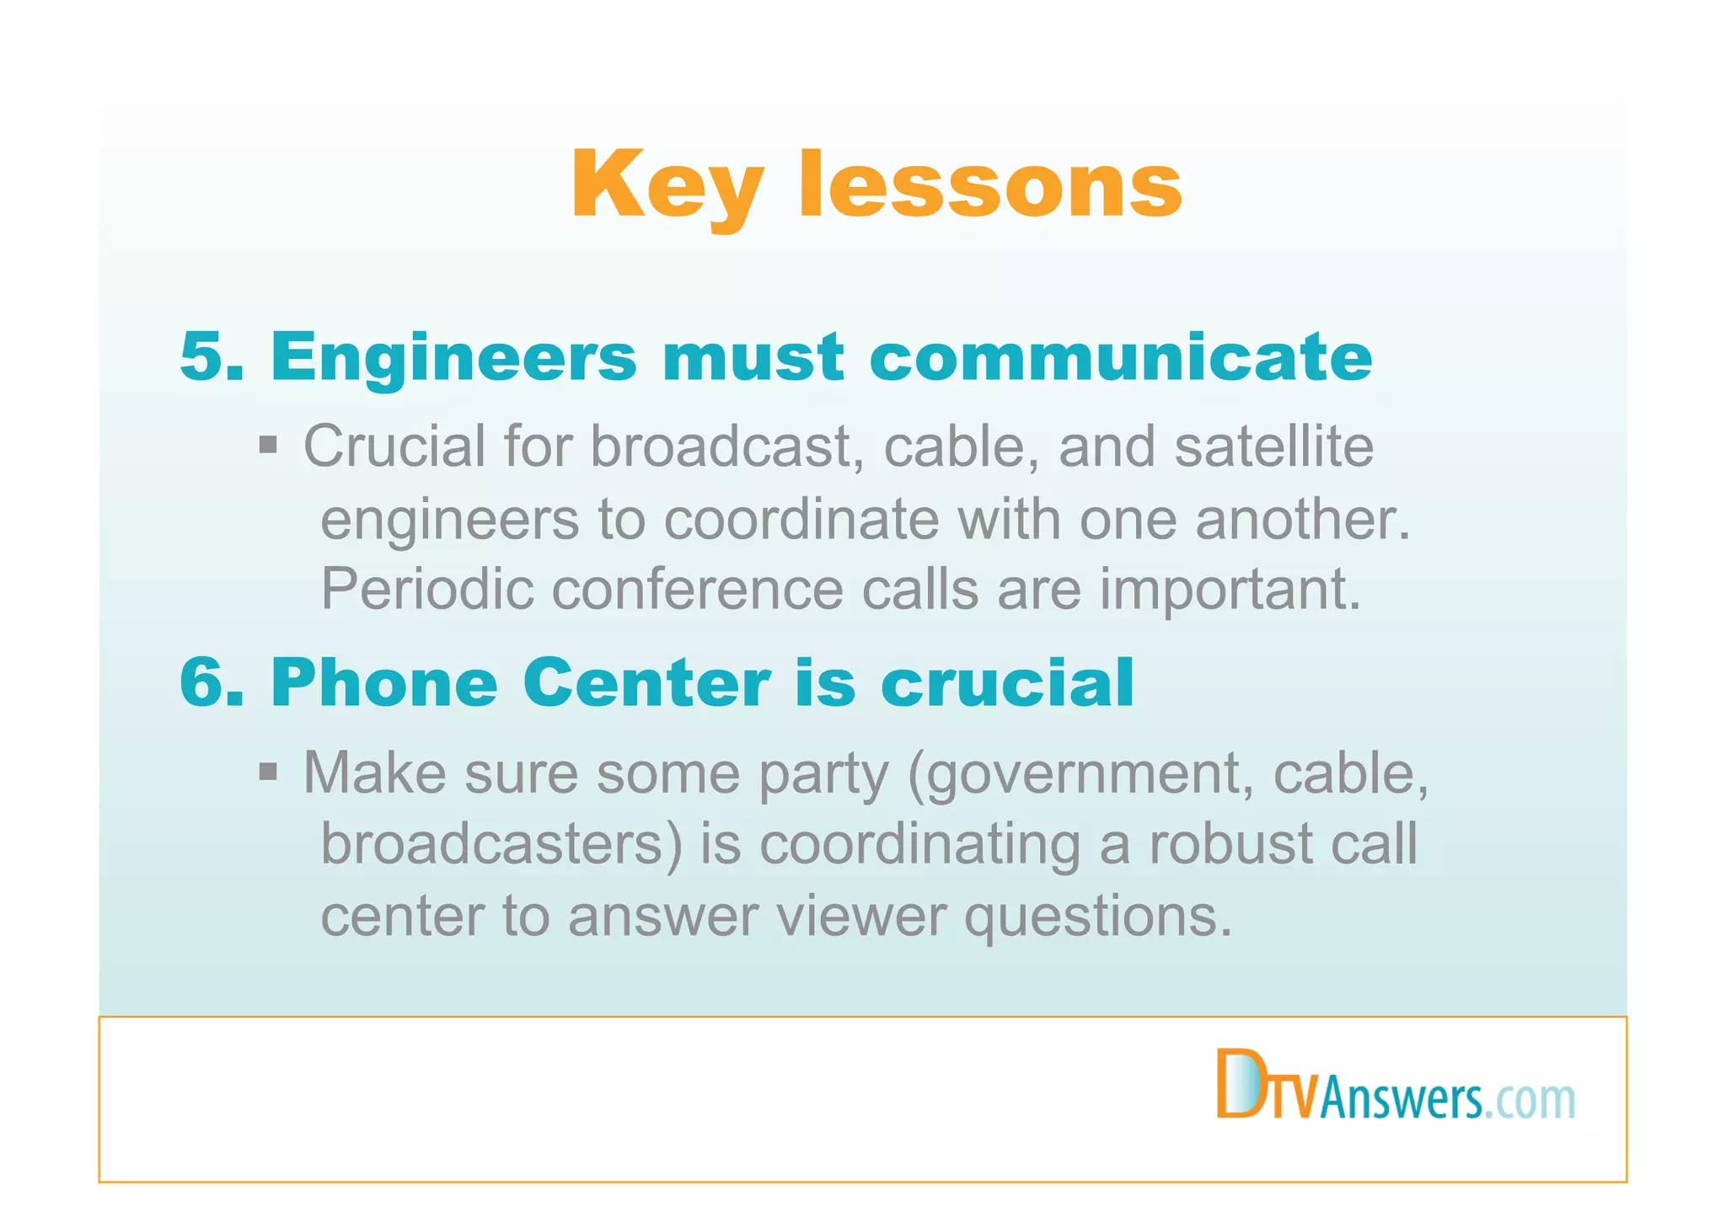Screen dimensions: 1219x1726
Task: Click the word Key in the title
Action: [667, 185]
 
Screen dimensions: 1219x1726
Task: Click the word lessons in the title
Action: [990, 185]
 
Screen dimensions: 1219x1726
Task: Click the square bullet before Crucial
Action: [268, 445]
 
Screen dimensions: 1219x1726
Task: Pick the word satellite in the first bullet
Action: [1273, 446]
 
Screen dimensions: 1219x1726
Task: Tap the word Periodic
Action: [427, 589]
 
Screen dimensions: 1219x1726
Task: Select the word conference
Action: [697, 589]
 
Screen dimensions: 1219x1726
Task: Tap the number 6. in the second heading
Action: [212, 683]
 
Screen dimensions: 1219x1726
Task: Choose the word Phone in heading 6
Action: [384, 683]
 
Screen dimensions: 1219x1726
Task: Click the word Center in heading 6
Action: [646, 683]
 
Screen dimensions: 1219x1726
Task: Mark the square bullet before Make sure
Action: [268, 771]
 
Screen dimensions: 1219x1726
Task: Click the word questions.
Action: [1097, 917]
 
